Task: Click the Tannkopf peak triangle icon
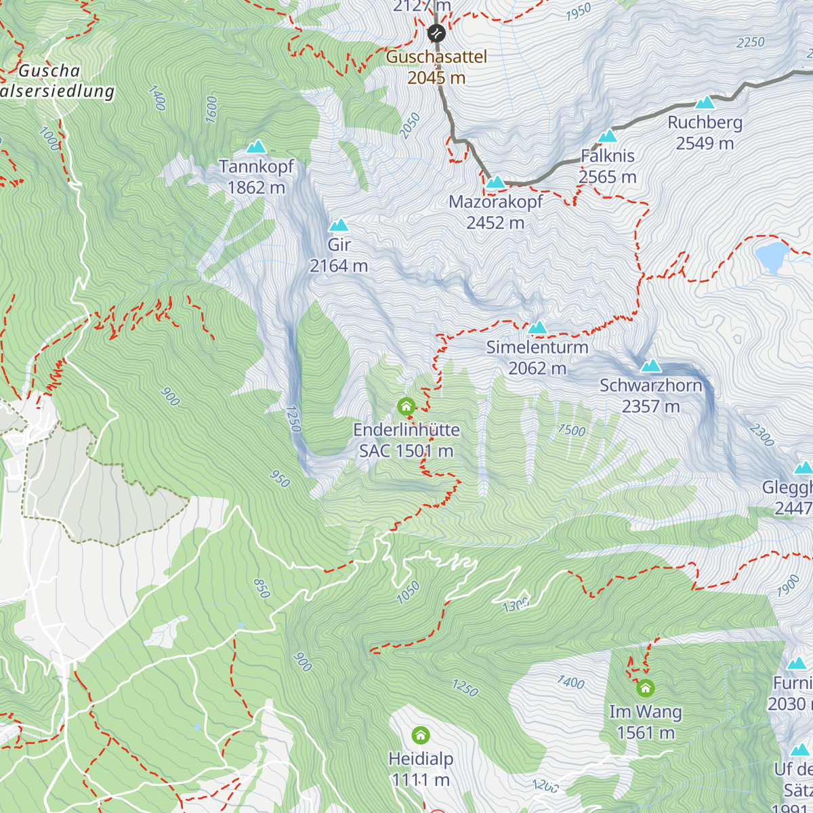(x=256, y=146)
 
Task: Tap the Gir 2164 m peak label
(x=339, y=255)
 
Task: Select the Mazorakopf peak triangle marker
(x=495, y=182)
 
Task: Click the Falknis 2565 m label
(x=608, y=167)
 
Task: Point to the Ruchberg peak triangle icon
(x=705, y=103)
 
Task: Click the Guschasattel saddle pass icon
(x=436, y=33)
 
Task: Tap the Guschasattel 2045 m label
(x=436, y=67)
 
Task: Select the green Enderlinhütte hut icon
(x=406, y=406)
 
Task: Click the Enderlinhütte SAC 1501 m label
(x=406, y=440)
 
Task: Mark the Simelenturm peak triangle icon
(x=538, y=328)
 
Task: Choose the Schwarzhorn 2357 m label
(x=651, y=396)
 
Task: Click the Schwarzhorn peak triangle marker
(x=651, y=367)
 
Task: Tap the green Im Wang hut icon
(x=646, y=688)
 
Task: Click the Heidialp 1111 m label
(x=421, y=770)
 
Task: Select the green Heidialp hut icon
(x=421, y=735)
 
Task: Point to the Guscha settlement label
(x=49, y=70)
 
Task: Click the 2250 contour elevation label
(x=750, y=43)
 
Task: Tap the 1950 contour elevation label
(x=578, y=12)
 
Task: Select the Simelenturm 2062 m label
(x=537, y=358)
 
